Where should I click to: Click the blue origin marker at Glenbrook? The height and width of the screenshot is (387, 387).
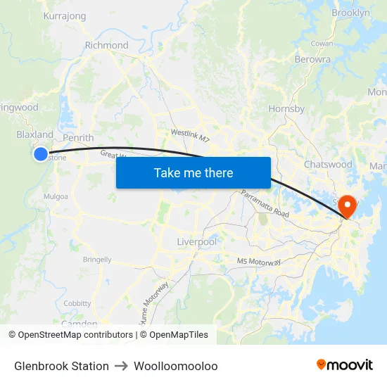(x=41, y=153)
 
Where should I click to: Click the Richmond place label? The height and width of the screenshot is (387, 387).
(x=106, y=45)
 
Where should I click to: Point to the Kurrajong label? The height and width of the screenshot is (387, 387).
(x=65, y=15)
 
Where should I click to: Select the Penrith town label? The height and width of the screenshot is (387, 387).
(x=78, y=138)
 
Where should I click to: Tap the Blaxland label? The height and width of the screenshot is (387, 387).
(x=34, y=134)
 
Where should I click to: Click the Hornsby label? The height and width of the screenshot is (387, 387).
(x=286, y=108)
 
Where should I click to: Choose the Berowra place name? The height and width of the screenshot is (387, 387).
(x=313, y=60)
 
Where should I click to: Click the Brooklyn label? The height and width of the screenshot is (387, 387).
(x=350, y=13)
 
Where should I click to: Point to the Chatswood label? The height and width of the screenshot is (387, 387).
(x=328, y=164)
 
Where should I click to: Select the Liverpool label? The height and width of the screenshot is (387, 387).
(x=197, y=241)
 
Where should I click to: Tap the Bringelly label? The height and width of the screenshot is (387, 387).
(x=97, y=260)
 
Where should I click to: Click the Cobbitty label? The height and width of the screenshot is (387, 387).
(x=77, y=303)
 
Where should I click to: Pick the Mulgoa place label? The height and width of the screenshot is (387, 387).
(x=57, y=196)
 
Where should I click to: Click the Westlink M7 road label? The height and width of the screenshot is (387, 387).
(x=190, y=133)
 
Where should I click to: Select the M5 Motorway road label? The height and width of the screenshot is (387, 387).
(x=259, y=262)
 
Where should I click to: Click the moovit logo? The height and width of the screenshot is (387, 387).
(x=344, y=365)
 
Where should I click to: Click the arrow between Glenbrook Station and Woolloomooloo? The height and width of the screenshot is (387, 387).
(x=120, y=366)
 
